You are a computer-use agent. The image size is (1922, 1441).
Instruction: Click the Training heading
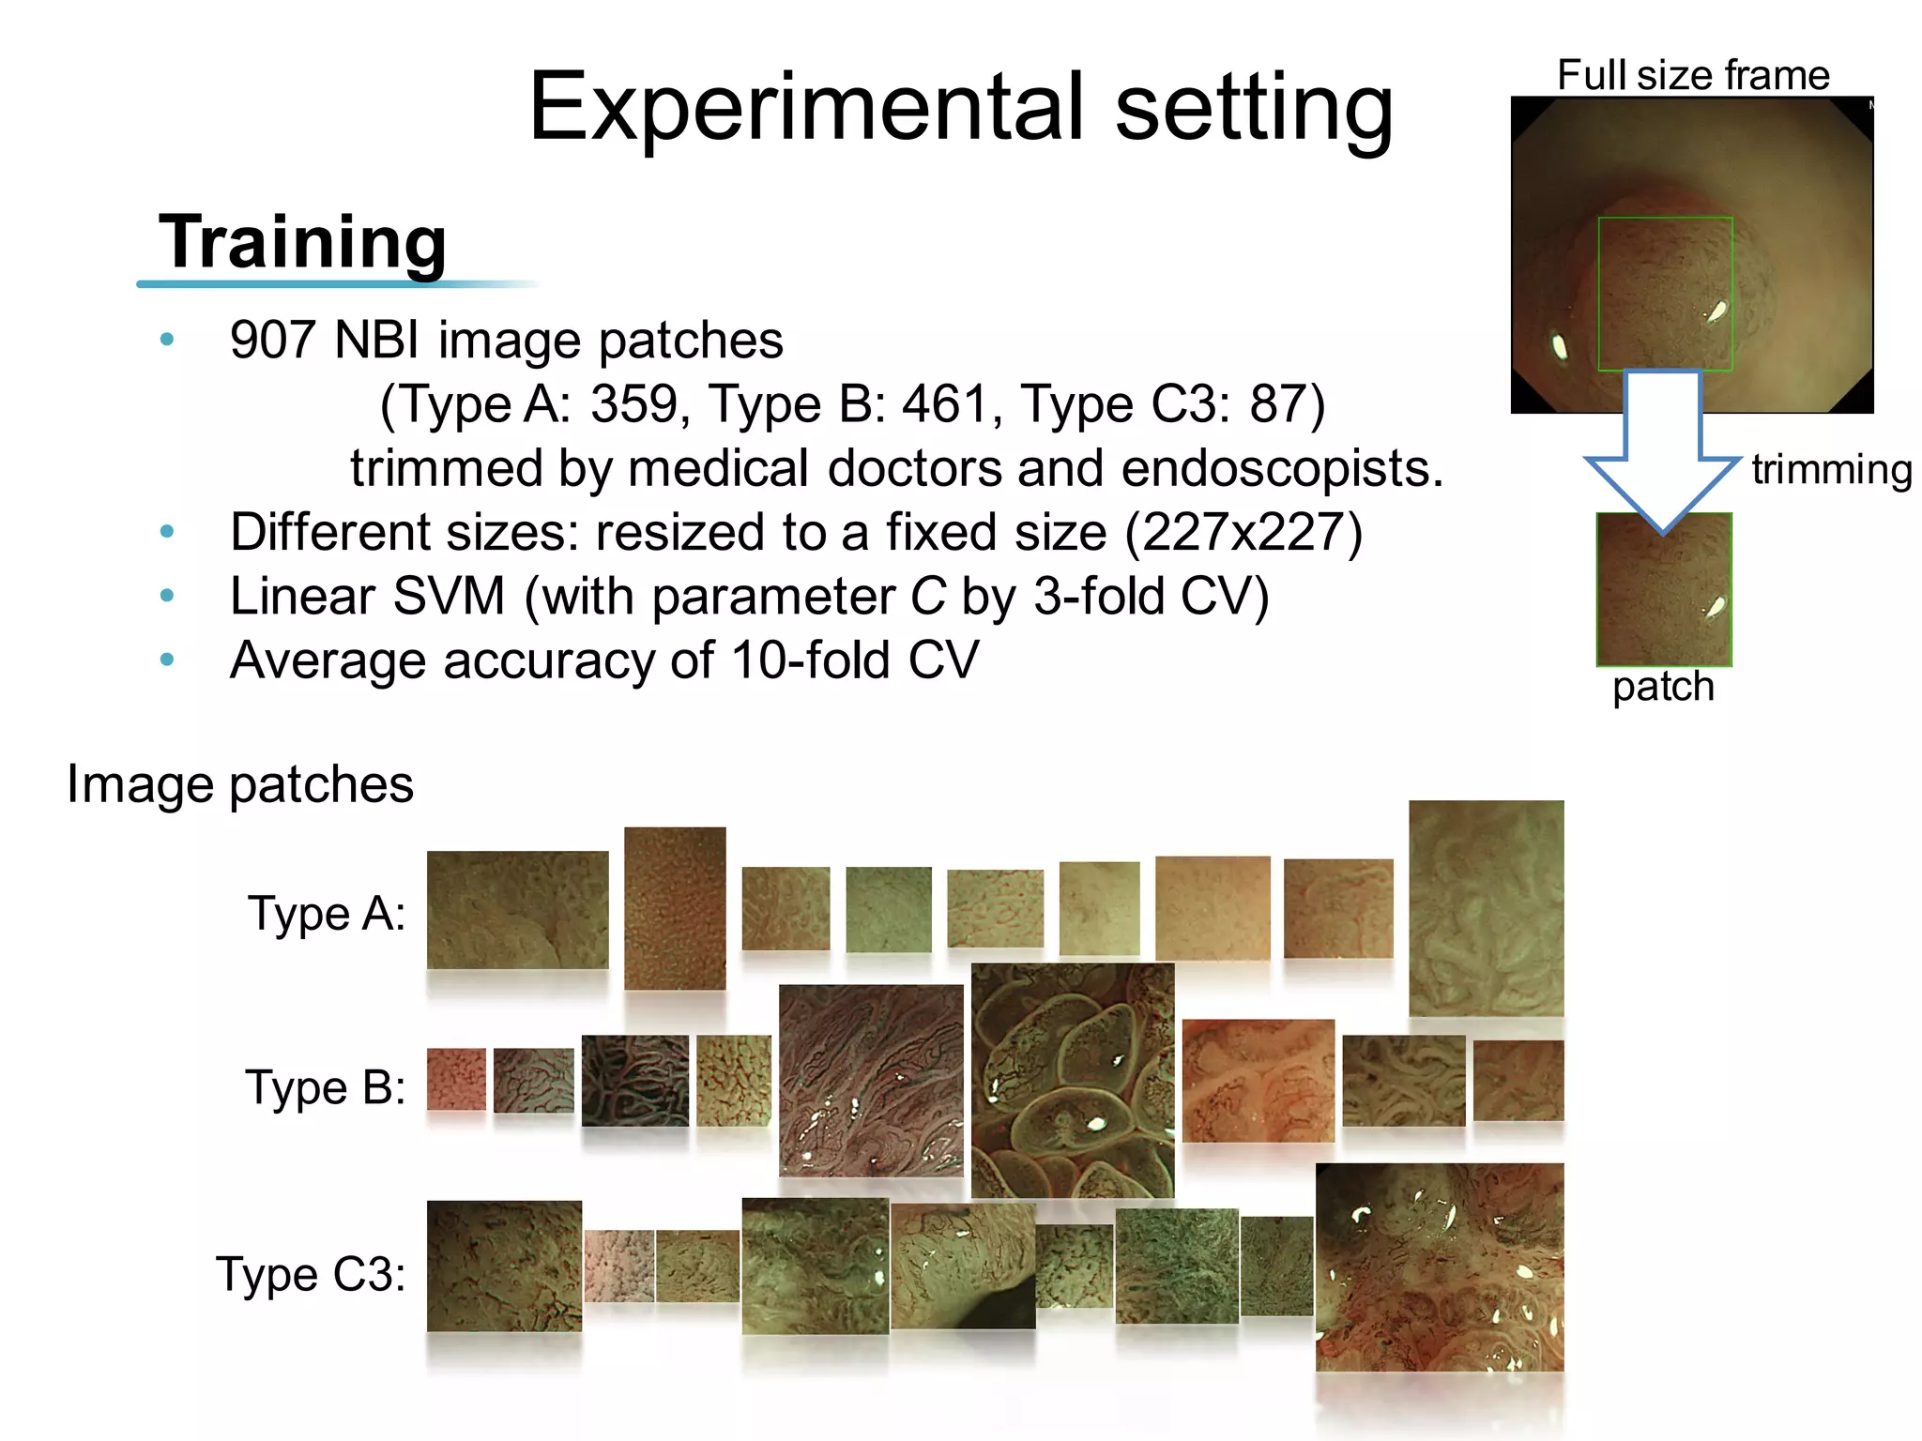click(x=302, y=242)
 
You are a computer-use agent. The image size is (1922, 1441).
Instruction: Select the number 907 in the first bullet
click(x=272, y=340)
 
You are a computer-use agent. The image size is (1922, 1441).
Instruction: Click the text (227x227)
click(x=1243, y=533)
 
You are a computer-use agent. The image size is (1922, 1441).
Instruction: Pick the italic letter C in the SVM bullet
click(x=927, y=597)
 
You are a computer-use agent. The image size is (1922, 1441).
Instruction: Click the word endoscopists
click(x=1282, y=468)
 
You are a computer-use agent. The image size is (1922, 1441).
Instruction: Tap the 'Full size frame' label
click(x=1693, y=75)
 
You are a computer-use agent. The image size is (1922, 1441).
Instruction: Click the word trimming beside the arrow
click(x=1831, y=469)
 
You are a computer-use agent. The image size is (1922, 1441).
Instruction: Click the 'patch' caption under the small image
click(x=1663, y=687)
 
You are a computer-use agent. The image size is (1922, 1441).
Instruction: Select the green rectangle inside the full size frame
click(x=1665, y=294)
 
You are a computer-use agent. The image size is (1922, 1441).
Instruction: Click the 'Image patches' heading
click(x=240, y=784)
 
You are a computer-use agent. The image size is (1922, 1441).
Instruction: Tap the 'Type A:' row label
click(x=327, y=913)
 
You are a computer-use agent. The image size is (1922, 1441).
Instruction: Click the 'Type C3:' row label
click(x=312, y=1274)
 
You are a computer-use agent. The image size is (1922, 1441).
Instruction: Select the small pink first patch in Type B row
click(x=456, y=1079)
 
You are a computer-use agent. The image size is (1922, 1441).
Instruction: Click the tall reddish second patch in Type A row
click(x=675, y=908)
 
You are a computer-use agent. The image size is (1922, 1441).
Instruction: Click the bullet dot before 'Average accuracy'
click(x=167, y=660)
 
